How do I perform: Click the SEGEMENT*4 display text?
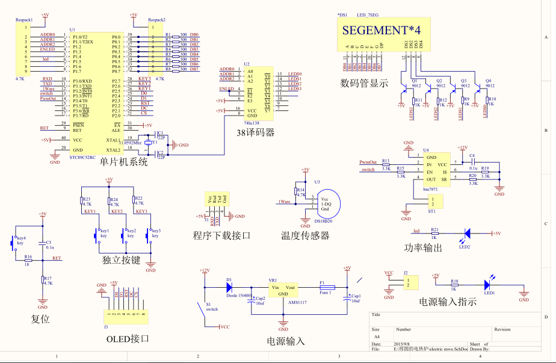[381, 29]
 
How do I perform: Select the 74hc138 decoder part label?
[252, 122]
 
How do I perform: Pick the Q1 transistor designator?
[414, 80]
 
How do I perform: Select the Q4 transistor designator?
[488, 80]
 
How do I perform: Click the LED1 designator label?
[489, 293]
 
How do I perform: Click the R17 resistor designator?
[47, 278]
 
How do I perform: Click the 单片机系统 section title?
[123, 161]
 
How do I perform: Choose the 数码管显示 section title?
[364, 82]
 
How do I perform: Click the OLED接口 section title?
[127, 338]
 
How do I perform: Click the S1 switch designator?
[209, 305]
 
